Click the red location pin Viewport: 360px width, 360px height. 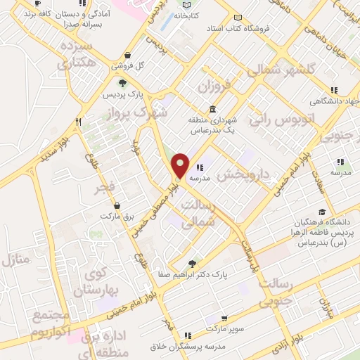pyautogui.click(x=181, y=165)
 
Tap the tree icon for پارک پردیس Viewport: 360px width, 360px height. pyautogui.click(x=122, y=82)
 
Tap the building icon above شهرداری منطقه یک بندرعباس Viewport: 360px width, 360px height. pyautogui.click(x=212, y=108)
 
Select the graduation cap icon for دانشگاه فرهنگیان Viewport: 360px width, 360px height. pyautogui.click(x=322, y=212)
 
